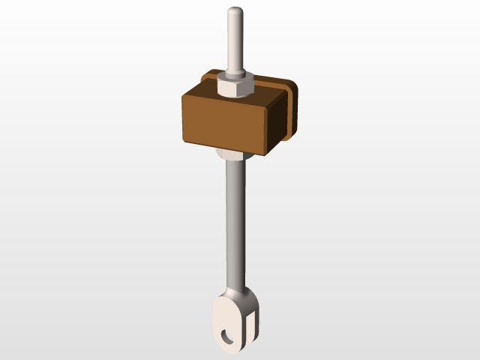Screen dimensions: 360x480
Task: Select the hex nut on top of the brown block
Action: point(234,87)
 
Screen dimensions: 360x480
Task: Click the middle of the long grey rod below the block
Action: point(233,225)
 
